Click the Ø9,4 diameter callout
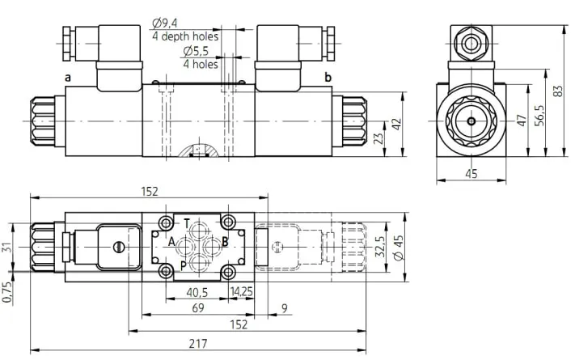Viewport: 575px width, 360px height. tap(165, 23)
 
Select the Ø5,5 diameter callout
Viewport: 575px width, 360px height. tap(196, 51)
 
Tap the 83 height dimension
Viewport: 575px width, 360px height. tap(558, 91)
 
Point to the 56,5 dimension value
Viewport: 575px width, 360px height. tap(539, 115)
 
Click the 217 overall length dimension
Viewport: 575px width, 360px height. tap(198, 344)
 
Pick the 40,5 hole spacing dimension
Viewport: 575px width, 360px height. tap(197, 292)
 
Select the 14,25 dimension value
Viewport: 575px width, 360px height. tap(241, 291)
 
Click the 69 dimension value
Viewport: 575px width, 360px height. tap(198, 307)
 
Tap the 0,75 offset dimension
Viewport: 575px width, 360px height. tap(7, 292)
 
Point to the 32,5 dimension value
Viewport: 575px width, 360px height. tap(381, 246)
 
